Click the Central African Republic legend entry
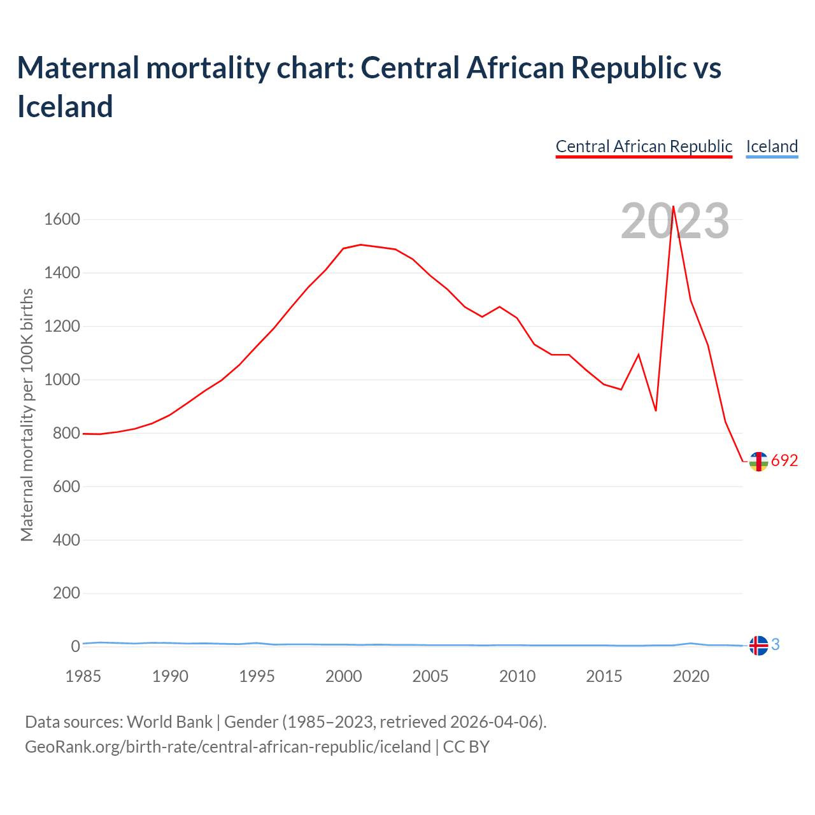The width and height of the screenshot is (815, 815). tap(644, 146)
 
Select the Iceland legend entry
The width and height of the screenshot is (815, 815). tap(772, 146)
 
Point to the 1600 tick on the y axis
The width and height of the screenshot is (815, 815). tap(62, 220)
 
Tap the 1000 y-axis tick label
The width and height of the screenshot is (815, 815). tap(62, 380)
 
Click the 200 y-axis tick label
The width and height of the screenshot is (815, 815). tap(67, 593)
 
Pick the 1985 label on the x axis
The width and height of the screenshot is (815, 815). tap(83, 676)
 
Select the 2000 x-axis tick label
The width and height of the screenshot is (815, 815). tap(344, 676)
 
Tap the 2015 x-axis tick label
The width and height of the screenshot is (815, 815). tap(604, 676)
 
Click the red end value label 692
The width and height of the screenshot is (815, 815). tap(784, 461)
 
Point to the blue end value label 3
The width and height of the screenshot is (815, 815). tap(776, 644)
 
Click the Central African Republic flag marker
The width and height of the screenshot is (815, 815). tap(758, 462)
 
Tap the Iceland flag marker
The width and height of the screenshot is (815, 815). tap(758, 646)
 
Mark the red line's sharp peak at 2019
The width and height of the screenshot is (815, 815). tap(673, 206)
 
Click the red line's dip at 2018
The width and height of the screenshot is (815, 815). tap(656, 411)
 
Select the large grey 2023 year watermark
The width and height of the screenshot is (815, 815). tap(674, 222)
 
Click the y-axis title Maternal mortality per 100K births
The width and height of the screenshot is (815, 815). tap(27, 415)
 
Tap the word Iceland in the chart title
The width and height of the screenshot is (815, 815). tap(65, 106)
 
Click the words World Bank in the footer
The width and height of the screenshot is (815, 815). tap(169, 722)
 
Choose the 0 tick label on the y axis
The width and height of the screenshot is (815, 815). tap(76, 646)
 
